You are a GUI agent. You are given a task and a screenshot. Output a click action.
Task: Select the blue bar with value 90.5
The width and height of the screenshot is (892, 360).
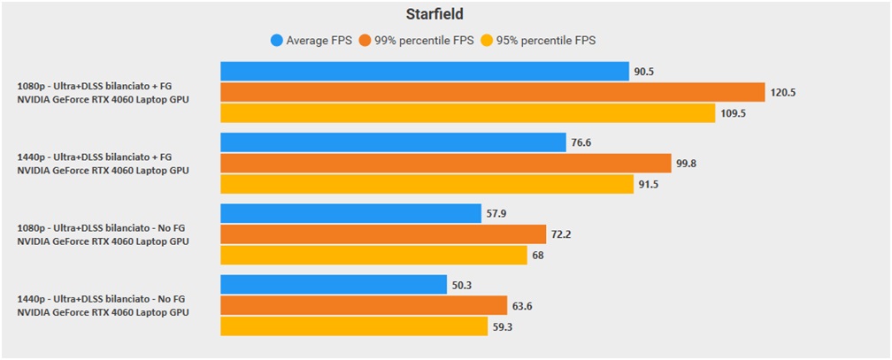(x=424, y=72)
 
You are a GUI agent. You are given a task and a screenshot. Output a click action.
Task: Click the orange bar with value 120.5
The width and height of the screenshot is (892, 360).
(x=492, y=92)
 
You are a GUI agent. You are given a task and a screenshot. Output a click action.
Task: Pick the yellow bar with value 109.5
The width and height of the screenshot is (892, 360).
(x=467, y=113)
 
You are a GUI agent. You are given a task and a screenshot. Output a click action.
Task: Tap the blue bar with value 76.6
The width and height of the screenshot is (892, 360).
(x=393, y=142)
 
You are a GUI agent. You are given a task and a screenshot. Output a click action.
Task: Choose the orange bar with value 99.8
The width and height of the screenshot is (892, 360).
(x=445, y=163)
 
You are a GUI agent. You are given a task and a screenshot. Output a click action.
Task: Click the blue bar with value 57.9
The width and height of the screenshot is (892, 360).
(x=351, y=213)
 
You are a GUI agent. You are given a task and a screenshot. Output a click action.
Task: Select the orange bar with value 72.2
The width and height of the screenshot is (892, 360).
(x=383, y=234)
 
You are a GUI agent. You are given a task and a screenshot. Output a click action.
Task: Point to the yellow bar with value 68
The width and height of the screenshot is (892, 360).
(x=373, y=255)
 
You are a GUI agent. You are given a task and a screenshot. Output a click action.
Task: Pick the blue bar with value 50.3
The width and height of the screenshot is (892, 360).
(x=334, y=284)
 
